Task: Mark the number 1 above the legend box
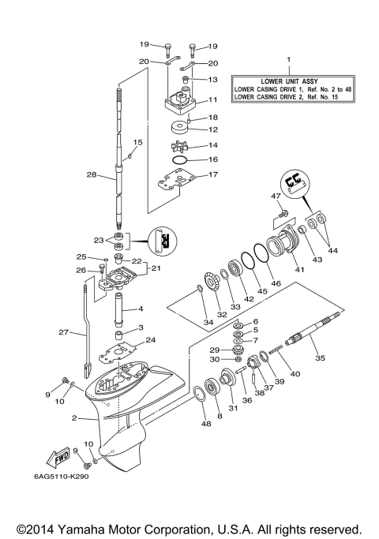[x=288, y=60]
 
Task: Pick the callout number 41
[x=299, y=269]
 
